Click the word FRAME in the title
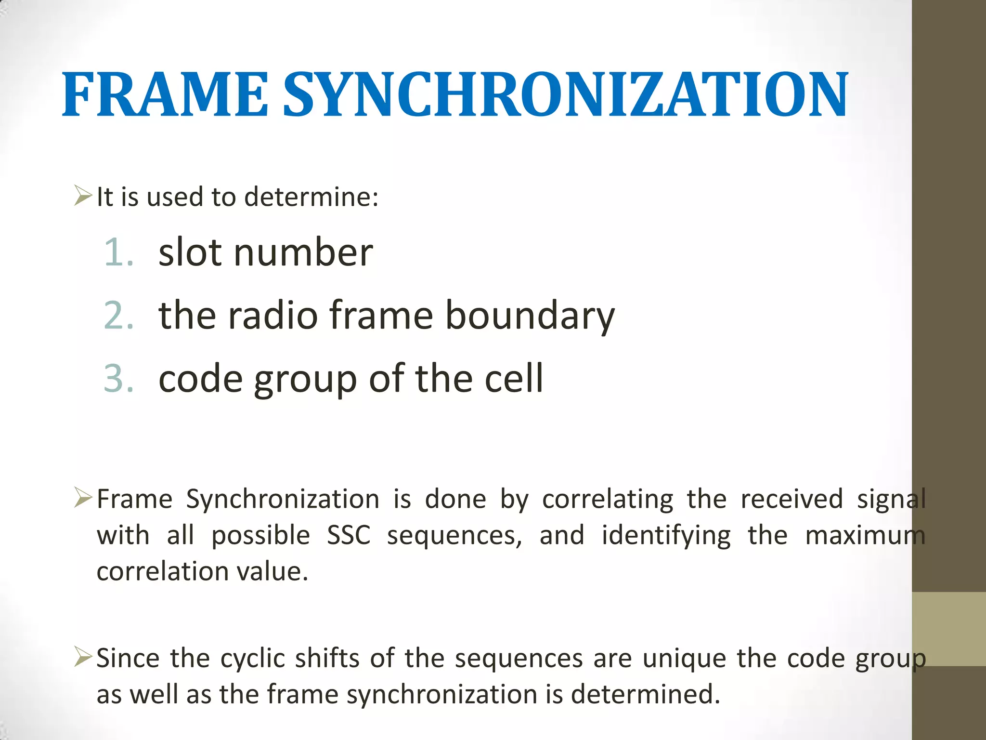tap(165, 95)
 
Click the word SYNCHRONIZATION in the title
tap(565, 95)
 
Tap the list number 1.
tap(118, 252)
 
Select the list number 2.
tap(118, 316)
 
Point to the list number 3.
tap(118, 379)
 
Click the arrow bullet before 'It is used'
tap(83, 196)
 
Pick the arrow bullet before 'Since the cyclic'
tap(83, 657)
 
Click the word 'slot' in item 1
tap(190, 252)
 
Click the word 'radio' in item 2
tap(272, 316)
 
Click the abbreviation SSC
tap(349, 535)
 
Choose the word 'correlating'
tap(608, 499)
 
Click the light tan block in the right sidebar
tap(948, 629)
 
